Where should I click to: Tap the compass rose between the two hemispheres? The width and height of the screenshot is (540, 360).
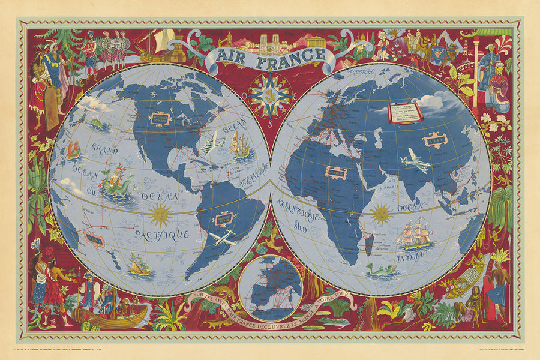point(269,95)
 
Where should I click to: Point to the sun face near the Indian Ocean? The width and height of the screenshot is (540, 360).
point(382,212)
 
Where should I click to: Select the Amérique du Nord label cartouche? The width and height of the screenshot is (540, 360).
point(160,118)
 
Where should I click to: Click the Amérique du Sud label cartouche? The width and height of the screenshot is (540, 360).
point(224,218)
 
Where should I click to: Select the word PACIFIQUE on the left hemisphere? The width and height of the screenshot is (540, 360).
point(162,234)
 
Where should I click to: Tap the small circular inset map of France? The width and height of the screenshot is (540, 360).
point(270,286)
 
